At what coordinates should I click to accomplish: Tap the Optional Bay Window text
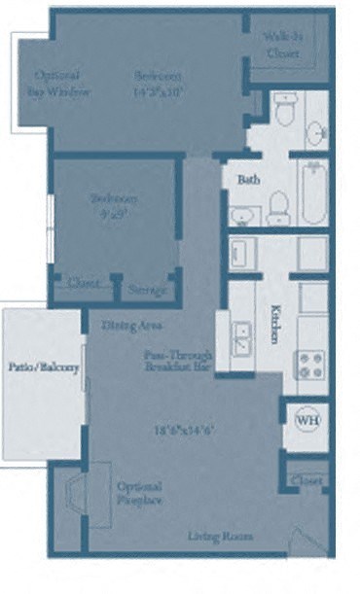(63, 84)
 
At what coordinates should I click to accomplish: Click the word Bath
(247, 180)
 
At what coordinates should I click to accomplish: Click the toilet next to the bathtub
(278, 207)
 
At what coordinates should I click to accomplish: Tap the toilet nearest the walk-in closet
(284, 113)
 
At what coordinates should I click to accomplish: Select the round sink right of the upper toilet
(316, 129)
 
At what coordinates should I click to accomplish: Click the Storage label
(148, 290)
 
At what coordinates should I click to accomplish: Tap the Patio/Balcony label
(44, 367)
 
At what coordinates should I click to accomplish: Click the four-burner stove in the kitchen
(310, 364)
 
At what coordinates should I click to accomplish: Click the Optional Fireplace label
(139, 493)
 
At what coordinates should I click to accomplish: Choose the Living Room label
(221, 536)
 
